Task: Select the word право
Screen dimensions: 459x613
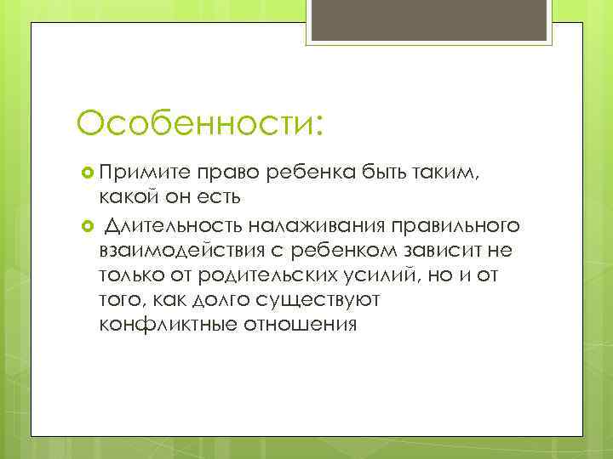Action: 228,173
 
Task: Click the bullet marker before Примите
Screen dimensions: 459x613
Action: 84,173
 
